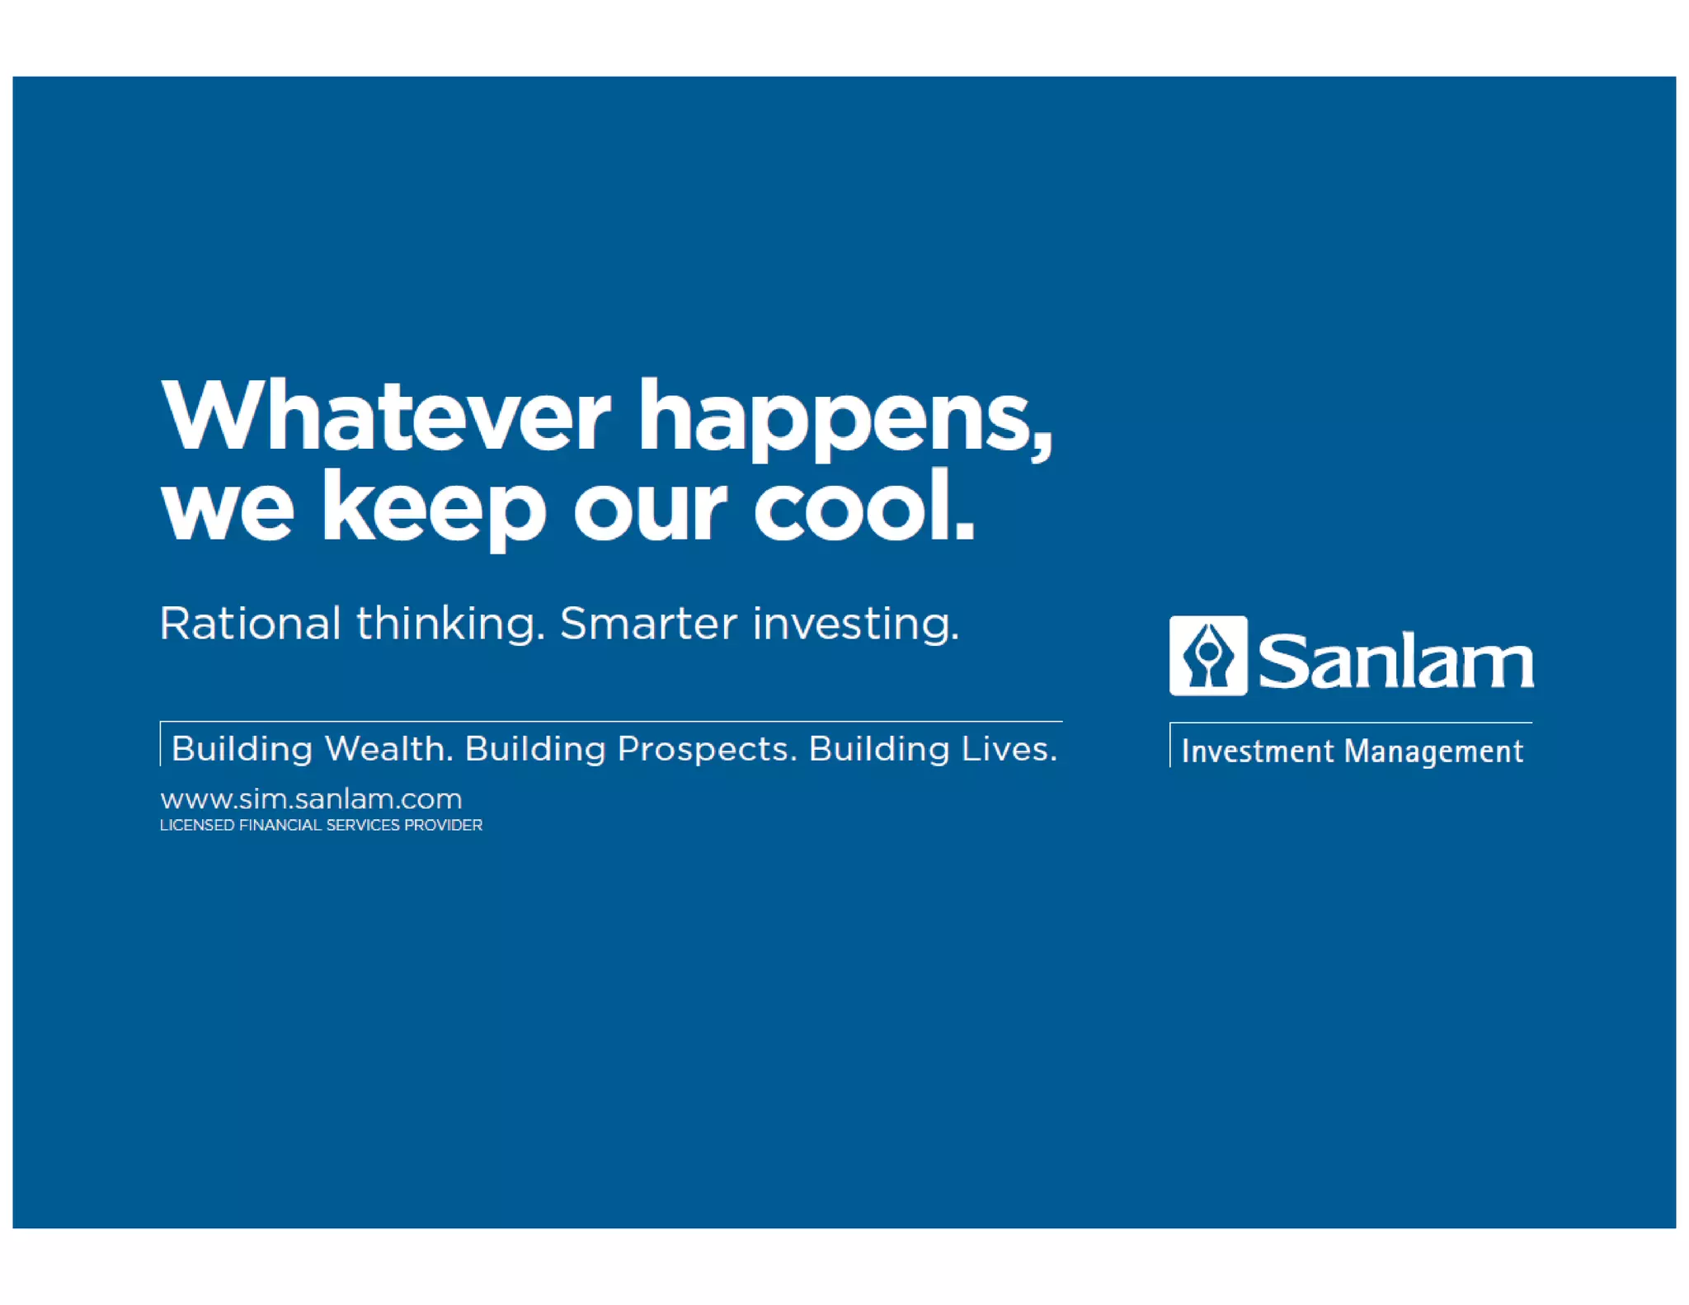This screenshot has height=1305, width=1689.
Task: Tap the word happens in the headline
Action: point(833,421)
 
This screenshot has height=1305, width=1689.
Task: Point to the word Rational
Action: point(250,623)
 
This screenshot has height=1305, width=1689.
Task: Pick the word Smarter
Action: point(648,623)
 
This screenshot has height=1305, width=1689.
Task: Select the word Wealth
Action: point(388,749)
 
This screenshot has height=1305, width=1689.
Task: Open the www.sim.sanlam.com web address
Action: point(311,799)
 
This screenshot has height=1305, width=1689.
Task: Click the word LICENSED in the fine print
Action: point(196,825)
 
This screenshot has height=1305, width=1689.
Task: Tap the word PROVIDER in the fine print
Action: point(443,825)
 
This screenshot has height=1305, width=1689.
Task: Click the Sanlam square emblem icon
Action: point(1207,656)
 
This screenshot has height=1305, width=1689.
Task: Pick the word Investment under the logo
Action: point(1257,751)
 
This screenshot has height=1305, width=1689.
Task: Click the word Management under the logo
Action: point(1433,751)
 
